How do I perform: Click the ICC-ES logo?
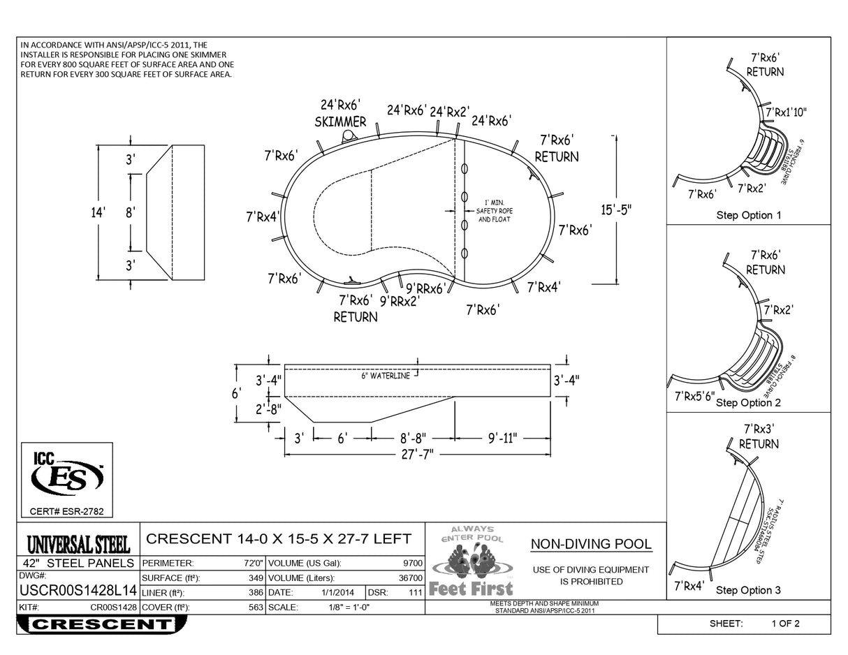[x=67, y=476]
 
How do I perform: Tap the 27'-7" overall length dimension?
[x=418, y=454]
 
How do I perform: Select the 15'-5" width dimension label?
[x=615, y=209]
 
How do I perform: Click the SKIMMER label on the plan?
[x=340, y=122]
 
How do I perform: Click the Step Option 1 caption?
[x=748, y=215]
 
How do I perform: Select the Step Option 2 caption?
[x=748, y=403]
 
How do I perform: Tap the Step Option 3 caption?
[x=748, y=591]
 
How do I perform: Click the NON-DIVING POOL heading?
[x=591, y=545]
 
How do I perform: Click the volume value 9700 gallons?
[x=412, y=563]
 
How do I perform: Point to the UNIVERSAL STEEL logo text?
[x=78, y=544]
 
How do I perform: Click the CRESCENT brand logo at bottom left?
[x=102, y=624]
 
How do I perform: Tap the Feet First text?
[x=471, y=589]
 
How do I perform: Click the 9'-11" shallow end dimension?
[x=502, y=439]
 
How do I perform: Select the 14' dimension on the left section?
[x=98, y=212]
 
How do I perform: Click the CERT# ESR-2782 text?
[x=66, y=512]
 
